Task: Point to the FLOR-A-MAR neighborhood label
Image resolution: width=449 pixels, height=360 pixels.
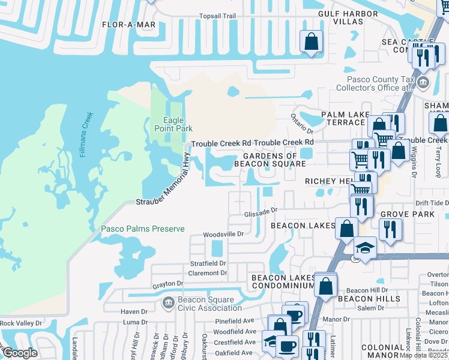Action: click(x=128, y=25)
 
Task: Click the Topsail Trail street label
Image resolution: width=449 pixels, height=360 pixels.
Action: click(x=205, y=16)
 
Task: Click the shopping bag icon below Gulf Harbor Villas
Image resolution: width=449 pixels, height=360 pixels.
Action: click(x=311, y=42)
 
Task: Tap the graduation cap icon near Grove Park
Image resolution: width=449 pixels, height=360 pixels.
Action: click(x=364, y=247)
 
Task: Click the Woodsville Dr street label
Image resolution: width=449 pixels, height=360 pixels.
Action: click(x=223, y=235)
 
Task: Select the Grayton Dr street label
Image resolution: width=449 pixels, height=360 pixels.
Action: click(x=167, y=284)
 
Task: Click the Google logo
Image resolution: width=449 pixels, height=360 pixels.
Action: click(x=19, y=353)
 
